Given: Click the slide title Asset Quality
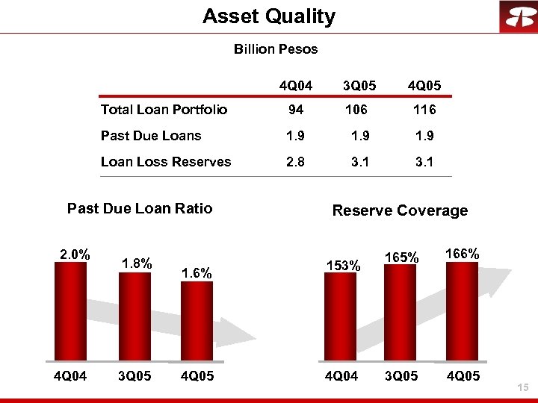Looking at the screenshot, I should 269,16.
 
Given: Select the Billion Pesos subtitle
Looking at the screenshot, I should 276,49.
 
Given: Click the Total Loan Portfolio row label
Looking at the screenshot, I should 164,110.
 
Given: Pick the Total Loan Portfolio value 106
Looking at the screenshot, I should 356,110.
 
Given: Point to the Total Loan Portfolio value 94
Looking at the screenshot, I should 296,110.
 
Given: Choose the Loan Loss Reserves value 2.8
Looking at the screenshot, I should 296,161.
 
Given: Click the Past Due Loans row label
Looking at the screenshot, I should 151,135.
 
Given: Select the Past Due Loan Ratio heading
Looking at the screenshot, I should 140,208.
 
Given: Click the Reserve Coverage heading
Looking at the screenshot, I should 400,210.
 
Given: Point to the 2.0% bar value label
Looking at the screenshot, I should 75,254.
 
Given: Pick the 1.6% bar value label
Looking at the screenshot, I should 197,273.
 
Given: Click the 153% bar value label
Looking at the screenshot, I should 344,265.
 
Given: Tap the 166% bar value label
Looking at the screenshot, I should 462,254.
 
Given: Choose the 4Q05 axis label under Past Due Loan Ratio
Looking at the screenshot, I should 197,376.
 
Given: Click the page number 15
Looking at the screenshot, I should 522,387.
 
